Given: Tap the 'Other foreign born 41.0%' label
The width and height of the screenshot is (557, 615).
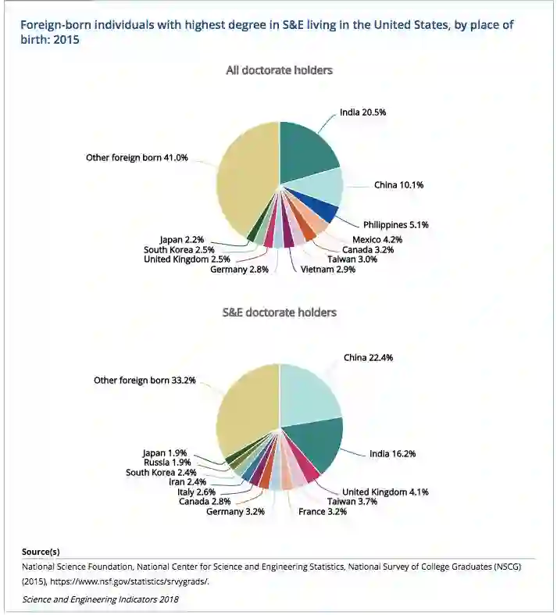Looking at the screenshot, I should [x=137, y=158].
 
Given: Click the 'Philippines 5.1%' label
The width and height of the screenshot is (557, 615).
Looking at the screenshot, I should [x=395, y=224].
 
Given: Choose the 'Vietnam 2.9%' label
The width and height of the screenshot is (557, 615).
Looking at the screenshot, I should [x=328, y=269].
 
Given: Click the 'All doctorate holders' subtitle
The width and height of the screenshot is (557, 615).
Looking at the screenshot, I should [x=279, y=70].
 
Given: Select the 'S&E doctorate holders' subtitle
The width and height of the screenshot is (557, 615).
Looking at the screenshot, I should [x=280, y=312].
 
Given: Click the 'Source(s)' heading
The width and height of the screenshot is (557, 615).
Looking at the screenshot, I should [x=41, y=552].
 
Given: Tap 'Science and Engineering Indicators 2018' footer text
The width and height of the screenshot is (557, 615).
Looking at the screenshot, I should [x=100, y=599].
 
